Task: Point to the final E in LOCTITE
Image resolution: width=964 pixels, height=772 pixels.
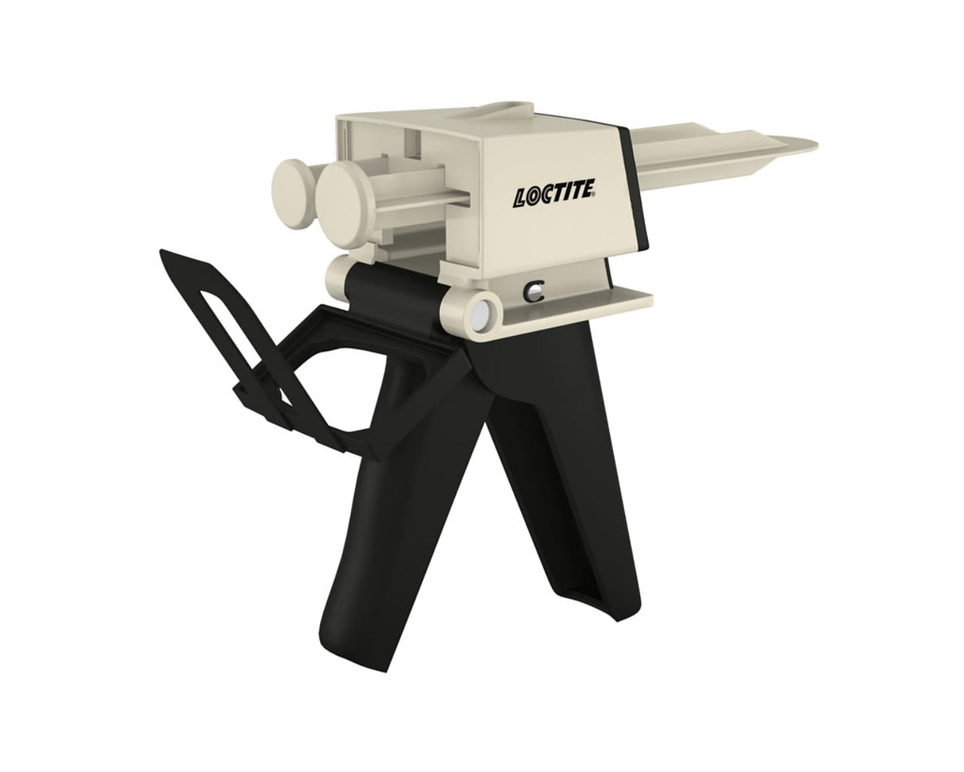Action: [590, 191]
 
